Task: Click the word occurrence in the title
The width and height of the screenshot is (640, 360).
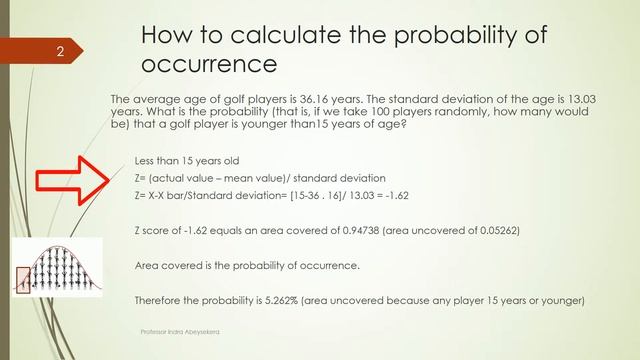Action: pos(208,65)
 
